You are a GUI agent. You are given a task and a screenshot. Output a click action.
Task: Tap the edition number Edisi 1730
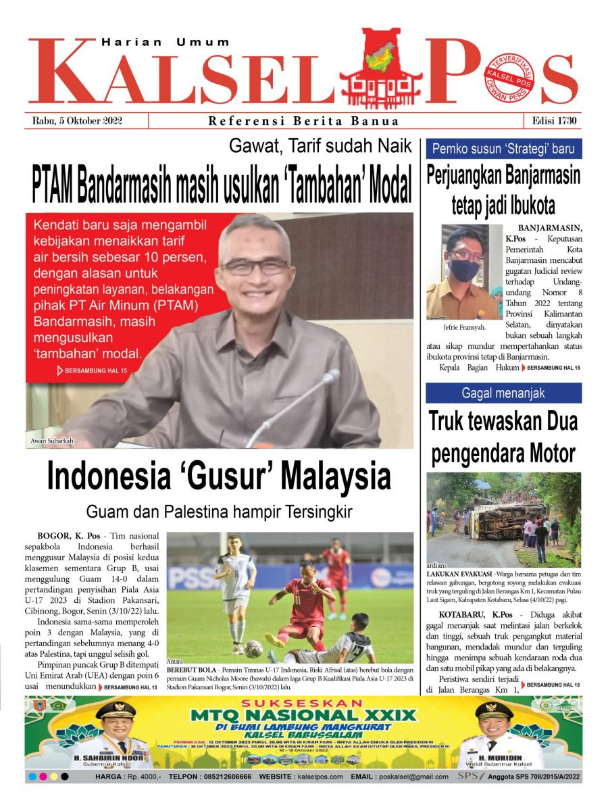[553, 121]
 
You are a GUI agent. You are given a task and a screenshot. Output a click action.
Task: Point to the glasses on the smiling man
[255, 266]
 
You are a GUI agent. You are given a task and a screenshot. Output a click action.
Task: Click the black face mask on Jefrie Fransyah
[463, 270]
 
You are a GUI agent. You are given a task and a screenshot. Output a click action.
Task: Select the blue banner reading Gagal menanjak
[503, 393]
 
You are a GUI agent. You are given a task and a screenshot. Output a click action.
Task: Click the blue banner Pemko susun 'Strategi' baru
[503, 148]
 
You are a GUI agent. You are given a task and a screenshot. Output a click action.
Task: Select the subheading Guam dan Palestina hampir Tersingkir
[219, 512]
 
